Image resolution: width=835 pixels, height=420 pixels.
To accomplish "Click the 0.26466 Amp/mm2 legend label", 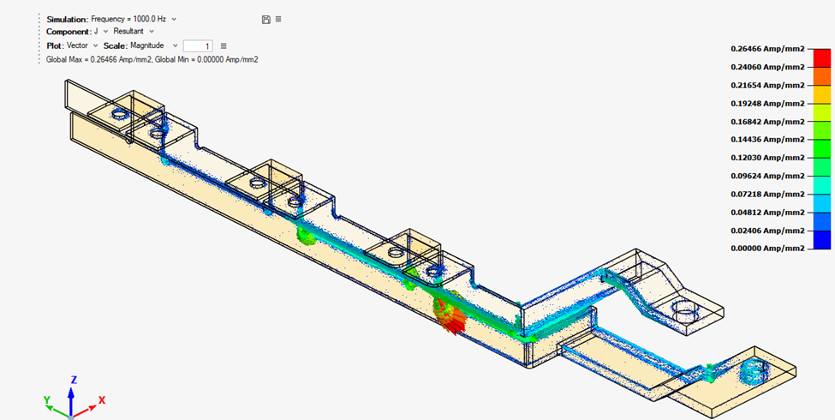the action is point(766,49).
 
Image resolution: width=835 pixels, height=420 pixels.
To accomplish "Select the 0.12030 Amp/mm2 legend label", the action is point(766,158).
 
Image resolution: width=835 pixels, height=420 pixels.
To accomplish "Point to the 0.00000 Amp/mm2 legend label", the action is point(766,249).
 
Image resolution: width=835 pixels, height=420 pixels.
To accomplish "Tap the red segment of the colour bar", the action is point(821,58).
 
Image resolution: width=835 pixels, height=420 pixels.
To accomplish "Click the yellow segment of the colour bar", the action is point(821,94).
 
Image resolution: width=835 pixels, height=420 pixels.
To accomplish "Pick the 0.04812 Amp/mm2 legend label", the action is point(766,212).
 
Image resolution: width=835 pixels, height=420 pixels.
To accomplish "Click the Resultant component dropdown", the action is point(134,32).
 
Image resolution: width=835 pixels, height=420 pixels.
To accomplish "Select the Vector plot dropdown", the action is point(82,45).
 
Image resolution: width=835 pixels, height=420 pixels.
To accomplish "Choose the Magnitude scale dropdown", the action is point(154,45).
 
